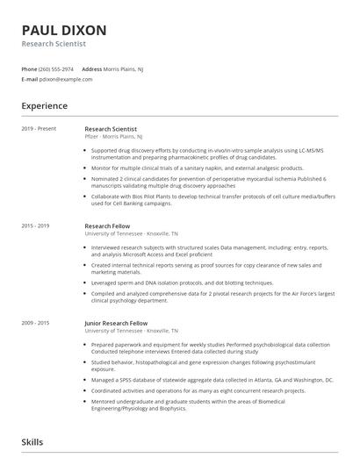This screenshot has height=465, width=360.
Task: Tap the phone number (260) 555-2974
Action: pos(57,68)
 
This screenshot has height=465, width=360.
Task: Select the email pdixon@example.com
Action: pos(66,79)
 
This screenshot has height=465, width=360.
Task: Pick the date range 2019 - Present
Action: pos(35,129)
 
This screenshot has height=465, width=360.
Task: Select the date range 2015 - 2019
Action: pos(34,226)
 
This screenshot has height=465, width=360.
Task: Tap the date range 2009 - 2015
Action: pos(34,323)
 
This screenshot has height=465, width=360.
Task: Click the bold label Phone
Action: pos(29,68)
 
